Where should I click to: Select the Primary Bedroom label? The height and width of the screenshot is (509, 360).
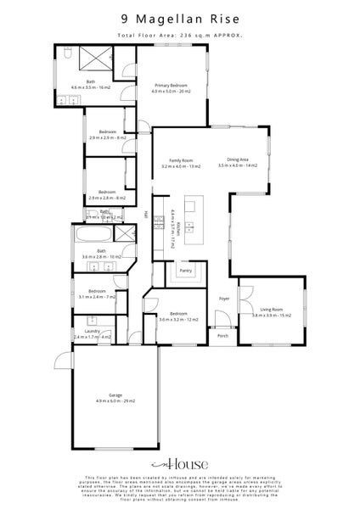(x=171, y=88)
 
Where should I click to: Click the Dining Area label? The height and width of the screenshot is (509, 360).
(x=238, y=163)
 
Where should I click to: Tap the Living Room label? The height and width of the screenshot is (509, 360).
(x=271, y=312)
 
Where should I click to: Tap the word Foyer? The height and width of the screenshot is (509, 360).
(x=225, y=299)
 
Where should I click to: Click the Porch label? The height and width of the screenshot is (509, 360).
(x=223, y=335)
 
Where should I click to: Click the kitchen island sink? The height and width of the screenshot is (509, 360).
(x=190, y=226)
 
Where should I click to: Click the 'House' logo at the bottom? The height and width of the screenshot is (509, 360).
(x=180, y=465)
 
